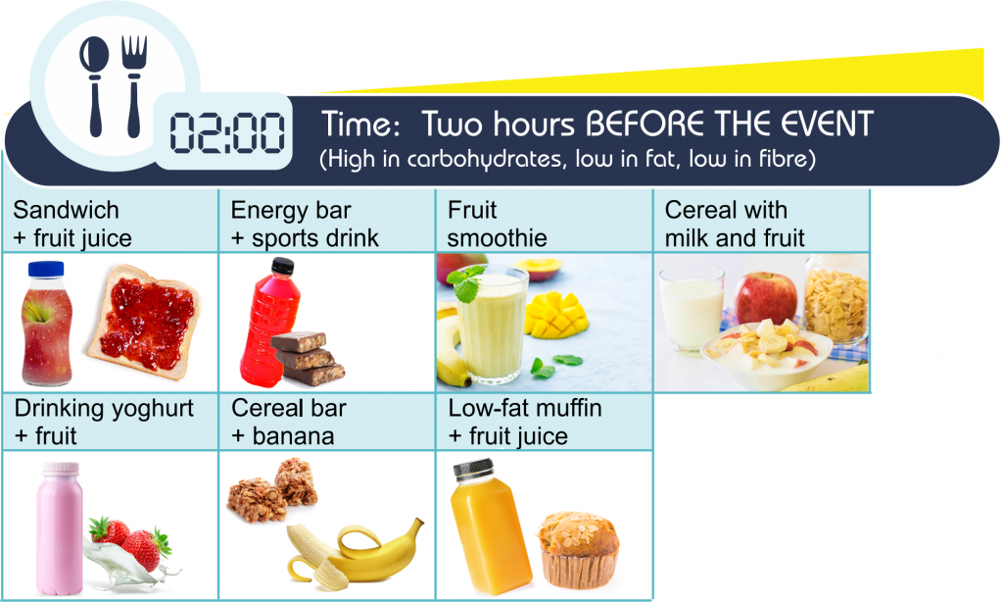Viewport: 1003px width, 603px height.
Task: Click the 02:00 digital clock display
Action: (x=227, y=133)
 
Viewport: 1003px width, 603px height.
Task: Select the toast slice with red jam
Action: (x=145, y=321)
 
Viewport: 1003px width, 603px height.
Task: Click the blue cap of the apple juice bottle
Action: (x=46, y=269)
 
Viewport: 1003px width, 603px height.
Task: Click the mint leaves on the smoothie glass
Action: (x=467, y=284)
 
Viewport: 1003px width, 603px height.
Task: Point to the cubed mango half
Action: (x=555, y=315)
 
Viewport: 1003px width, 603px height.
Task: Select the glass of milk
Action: (x=692, y=310)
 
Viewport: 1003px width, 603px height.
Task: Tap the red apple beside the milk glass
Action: (x=766, y=297)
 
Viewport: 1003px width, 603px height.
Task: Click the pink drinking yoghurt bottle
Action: (x=60, y=528)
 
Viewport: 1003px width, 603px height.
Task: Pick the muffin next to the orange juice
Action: (x=578, y=549)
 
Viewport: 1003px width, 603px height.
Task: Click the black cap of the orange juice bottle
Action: (x=474, y=470)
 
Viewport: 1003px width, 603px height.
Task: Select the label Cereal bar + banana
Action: (x=289, y=422)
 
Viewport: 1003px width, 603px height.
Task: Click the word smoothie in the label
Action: (x=497, y=238)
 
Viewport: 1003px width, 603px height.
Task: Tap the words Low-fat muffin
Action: (x=525, y=408)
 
